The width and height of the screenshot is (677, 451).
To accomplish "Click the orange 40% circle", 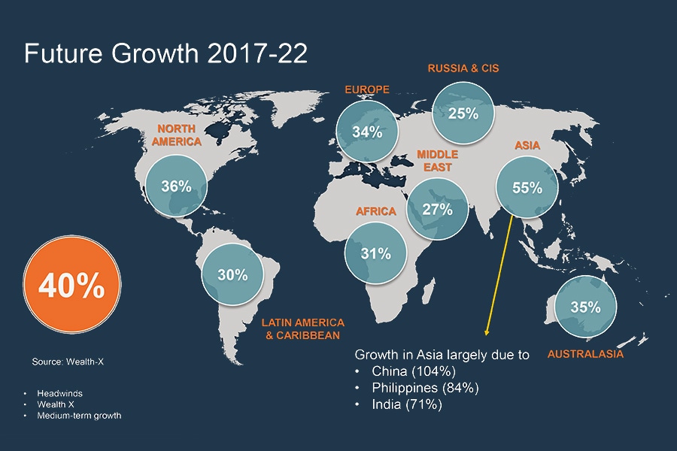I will click(71, 286).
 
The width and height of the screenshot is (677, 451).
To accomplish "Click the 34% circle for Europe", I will click(367, 132).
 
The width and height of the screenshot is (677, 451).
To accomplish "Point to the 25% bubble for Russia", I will click(463, 114).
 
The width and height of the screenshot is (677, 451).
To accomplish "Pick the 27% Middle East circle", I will click(436, 210).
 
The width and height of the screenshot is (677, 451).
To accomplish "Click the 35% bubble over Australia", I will click(584, 307).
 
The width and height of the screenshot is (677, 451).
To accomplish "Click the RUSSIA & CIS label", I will click(463, 68).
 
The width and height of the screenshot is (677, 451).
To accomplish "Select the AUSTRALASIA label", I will click(585, 353).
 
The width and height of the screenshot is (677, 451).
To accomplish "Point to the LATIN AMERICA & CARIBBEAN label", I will click(302, 328).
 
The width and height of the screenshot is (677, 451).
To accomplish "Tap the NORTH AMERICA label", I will click(177, 135).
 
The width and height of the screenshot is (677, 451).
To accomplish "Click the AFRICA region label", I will click(375, 211).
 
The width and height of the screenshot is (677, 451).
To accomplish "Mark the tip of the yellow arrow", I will click(487, 334).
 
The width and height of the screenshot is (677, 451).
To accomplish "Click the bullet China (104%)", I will click(414, 371).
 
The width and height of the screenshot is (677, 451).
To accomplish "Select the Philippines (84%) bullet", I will click(425, 388).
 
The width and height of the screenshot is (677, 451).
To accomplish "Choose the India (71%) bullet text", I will click(407, 404).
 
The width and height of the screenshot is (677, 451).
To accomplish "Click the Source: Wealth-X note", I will click(67, 362).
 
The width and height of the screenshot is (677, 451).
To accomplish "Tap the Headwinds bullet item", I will click(59, 393).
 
